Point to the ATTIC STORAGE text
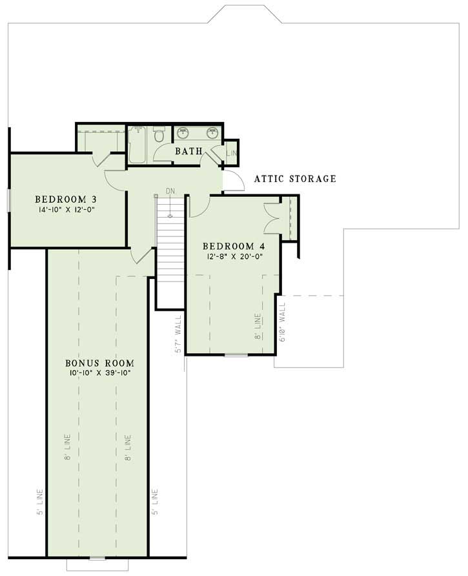click(295, 179)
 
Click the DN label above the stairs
click(170, 191)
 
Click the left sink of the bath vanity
click(183, 133)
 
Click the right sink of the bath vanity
click(211, 133)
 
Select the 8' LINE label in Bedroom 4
click(257, 327)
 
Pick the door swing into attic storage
click(234, 181)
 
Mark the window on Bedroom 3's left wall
click(8, 200)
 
